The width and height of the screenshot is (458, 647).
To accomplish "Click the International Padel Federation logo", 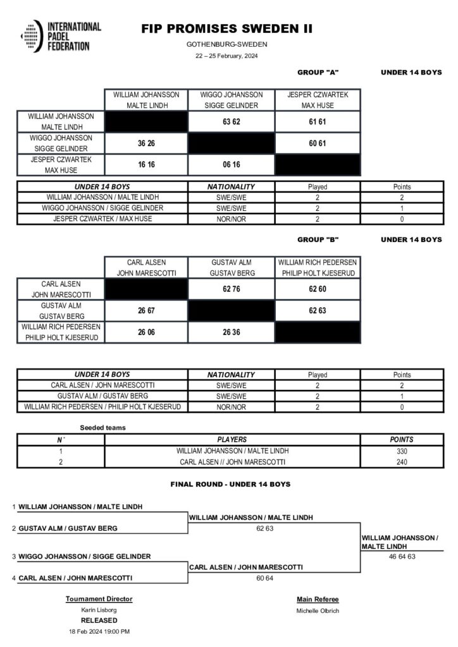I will [x=60, y=37].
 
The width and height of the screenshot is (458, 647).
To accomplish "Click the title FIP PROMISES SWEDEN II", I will [x=226, y=29].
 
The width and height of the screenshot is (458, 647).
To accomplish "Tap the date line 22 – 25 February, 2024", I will [x=226, y=56].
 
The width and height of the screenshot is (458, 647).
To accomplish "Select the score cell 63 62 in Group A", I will [x=231, y=121].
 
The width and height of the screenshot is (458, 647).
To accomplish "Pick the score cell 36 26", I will [x=146, y=143].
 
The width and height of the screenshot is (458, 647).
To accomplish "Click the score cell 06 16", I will [x=231, y=166].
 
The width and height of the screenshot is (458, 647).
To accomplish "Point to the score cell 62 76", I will [x=231, y=289].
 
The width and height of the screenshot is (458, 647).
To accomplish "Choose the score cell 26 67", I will [x=146, y=311].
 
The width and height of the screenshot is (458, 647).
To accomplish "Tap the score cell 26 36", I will [x=231, y=332].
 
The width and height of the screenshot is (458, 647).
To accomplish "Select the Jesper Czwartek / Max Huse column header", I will [x=318, y=100].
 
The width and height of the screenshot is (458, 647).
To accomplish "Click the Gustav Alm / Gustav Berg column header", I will [x=231, y=267].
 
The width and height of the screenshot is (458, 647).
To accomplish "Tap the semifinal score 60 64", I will [x=264, y=577].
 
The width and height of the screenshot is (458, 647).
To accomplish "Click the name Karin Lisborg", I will [x=99, y=610].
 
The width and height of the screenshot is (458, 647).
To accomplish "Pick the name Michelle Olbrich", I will [x=318, y=610].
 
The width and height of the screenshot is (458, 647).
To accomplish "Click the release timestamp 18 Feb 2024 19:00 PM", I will [x=99, y=631].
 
